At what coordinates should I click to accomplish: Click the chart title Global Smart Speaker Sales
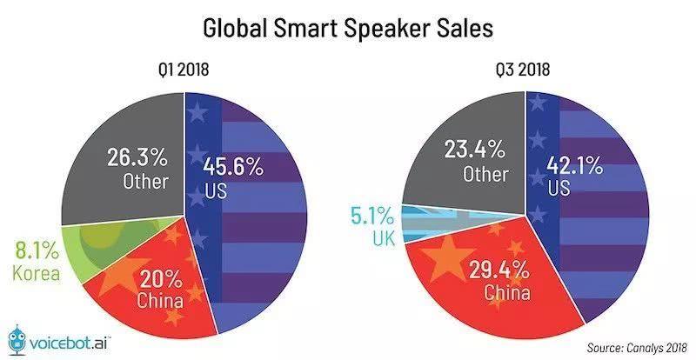tap(348, 27)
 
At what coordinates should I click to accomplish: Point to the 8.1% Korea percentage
tap(35, 253)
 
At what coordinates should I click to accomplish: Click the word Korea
tap(35, 274)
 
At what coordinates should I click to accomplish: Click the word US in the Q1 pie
tap(216, 190)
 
